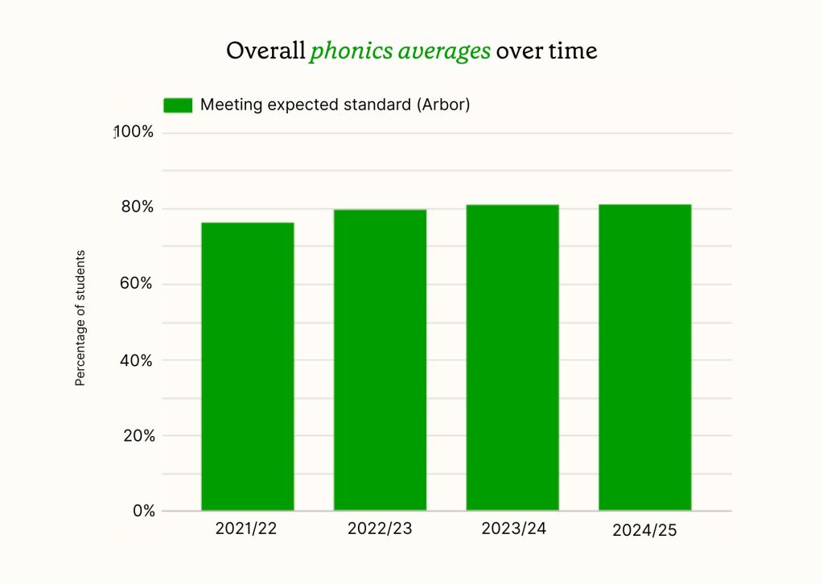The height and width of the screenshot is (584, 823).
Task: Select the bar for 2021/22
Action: pyautogui.click(x=247, y=366)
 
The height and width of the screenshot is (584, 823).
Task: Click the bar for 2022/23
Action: pyautogui.click(x=380, y=360)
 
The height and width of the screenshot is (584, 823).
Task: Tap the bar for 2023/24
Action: pyautogui.click(x=512, y=357)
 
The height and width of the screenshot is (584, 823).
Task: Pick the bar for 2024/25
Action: pyautogui.click(x=644, y=357)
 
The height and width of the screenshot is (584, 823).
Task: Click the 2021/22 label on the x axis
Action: pyautogui.click(x=248, y=529)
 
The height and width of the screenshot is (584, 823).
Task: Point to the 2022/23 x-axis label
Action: pyautogui.click(x=380, y=529)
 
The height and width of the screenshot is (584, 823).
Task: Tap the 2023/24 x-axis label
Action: pyautogui.click(x=513, y=529)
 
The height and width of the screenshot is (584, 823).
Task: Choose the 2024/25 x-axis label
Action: pyautogui.click(x=644, y=531)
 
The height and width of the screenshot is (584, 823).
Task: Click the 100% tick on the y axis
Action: pyautogui.click(x=134, y=133)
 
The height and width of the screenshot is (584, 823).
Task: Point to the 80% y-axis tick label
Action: pyautogui.click(x=138, y=208)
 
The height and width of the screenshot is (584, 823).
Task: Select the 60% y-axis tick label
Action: pyautogui.click(x=138, y=284)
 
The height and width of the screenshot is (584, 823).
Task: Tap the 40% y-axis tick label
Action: pyautogui.click(x=138, y=360)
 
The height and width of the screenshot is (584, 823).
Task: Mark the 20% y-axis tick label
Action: pyautogui.click(x=138, y=436)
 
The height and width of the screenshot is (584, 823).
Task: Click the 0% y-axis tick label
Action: pyautogui.click(x=142, y=511)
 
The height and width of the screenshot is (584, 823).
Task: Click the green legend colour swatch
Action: pyautogui.click(x=178, y=105)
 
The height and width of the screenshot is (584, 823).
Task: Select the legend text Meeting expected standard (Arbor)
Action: pyautogui.click(x=335, y=105)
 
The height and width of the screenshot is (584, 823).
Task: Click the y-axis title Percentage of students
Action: pyautogui.click(x=80, y=318)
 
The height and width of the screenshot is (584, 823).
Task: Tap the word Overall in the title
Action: pyautogui.click(x=265, y=51)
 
